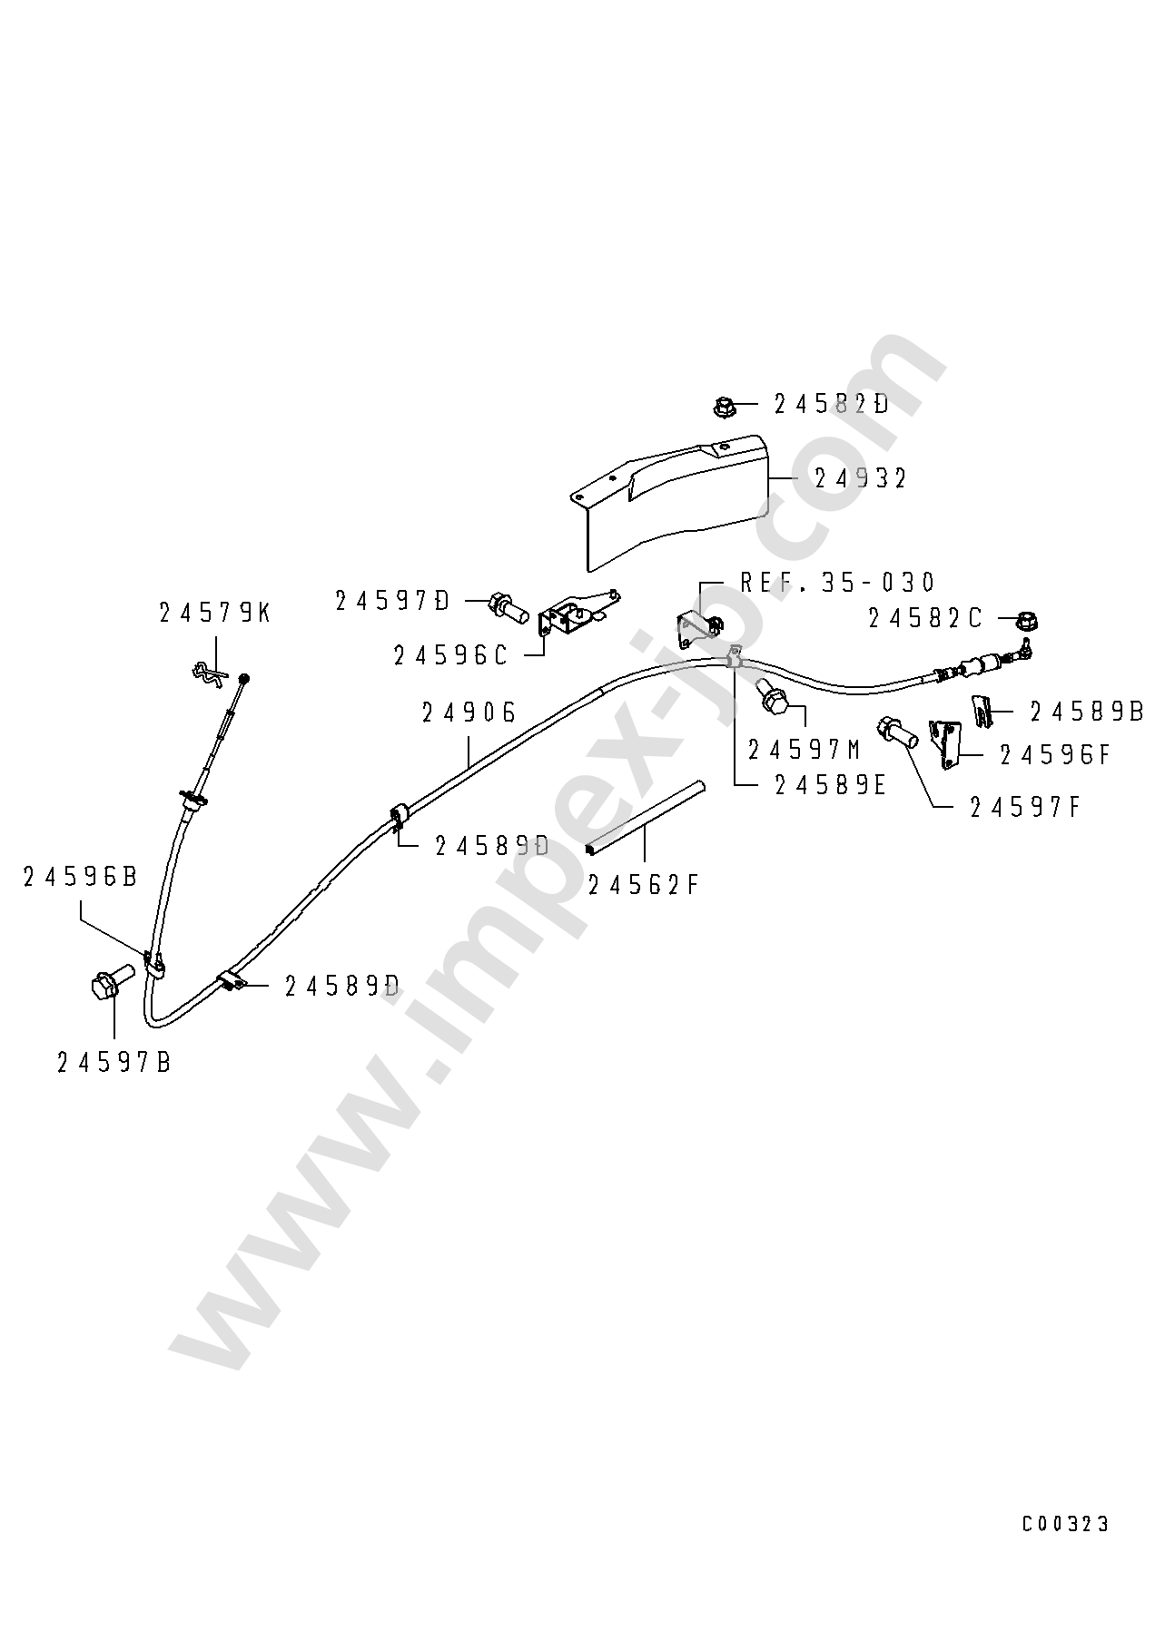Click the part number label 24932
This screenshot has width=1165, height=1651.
point(861,478)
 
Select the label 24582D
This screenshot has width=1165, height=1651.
point(832,404)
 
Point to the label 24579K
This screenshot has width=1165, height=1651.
point(214,613)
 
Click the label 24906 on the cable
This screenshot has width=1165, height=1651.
point(469,712)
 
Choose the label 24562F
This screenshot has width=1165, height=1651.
point(644,884)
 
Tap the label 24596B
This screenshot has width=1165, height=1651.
point(80,877)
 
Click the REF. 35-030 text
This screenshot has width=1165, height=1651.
point(837,582)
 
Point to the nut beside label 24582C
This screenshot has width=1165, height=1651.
point(1025,622)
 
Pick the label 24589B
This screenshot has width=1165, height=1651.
point(1086,712)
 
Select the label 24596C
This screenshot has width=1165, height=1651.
point(451,655)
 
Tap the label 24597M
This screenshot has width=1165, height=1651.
point(805,750)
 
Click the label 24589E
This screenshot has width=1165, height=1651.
point(830,785)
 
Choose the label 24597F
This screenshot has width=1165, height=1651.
point(1025,807)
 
